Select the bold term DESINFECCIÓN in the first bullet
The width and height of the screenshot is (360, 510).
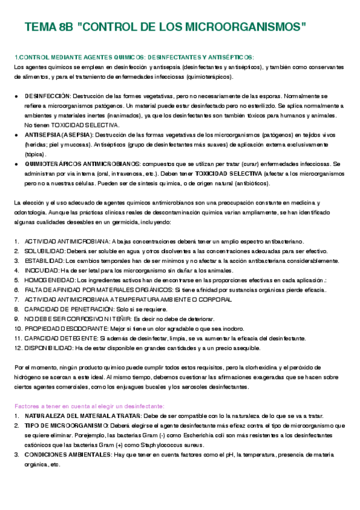coord(47,96)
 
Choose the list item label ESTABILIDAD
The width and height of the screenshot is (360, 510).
coord(43,260)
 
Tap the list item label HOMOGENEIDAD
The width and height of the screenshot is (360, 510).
coord(50,280)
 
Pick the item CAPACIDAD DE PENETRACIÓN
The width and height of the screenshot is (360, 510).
coord(76,309)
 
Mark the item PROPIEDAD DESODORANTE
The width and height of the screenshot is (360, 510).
coord(67,328)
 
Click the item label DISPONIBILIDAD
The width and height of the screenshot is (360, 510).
coord(49,348)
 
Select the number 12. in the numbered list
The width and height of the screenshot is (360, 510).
coord(17,348)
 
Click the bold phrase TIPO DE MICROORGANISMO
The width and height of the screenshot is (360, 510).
coord(63,425)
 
